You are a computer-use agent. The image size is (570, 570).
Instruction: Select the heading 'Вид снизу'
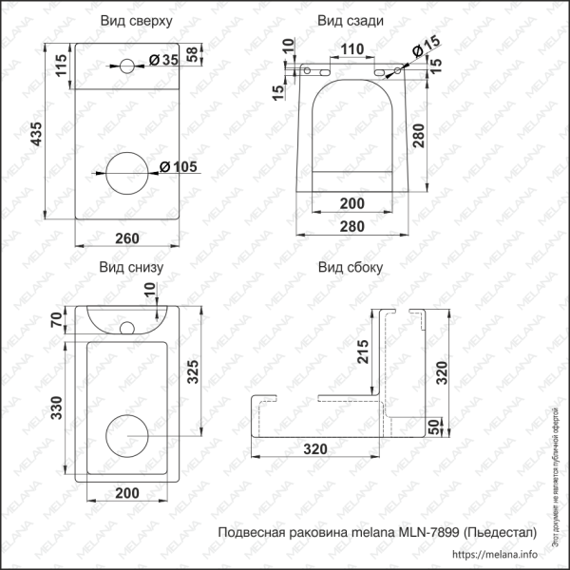click(131, 267)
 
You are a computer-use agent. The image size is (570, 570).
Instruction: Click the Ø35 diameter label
click(164, 61)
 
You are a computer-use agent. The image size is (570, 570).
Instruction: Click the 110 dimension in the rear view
click(352, 48)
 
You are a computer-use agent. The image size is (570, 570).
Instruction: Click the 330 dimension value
click(56, 408)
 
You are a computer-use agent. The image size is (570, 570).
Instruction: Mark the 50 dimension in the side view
click(434, 427)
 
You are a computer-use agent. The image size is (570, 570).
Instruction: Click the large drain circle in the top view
click(124, 173)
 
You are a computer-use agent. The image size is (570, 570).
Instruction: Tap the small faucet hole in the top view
click(124, 66)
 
